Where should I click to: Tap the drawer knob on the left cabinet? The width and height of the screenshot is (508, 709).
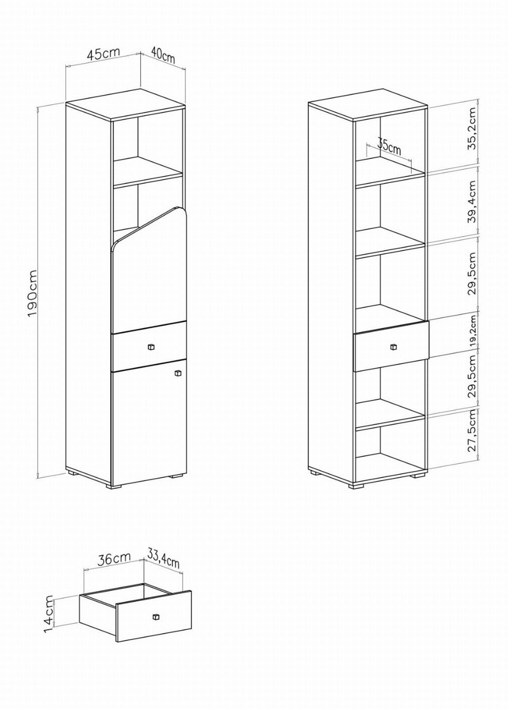(150, 347)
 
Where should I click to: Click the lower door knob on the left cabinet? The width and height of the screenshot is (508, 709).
(178, 373)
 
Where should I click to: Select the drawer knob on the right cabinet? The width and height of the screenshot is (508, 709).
(394, 347)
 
